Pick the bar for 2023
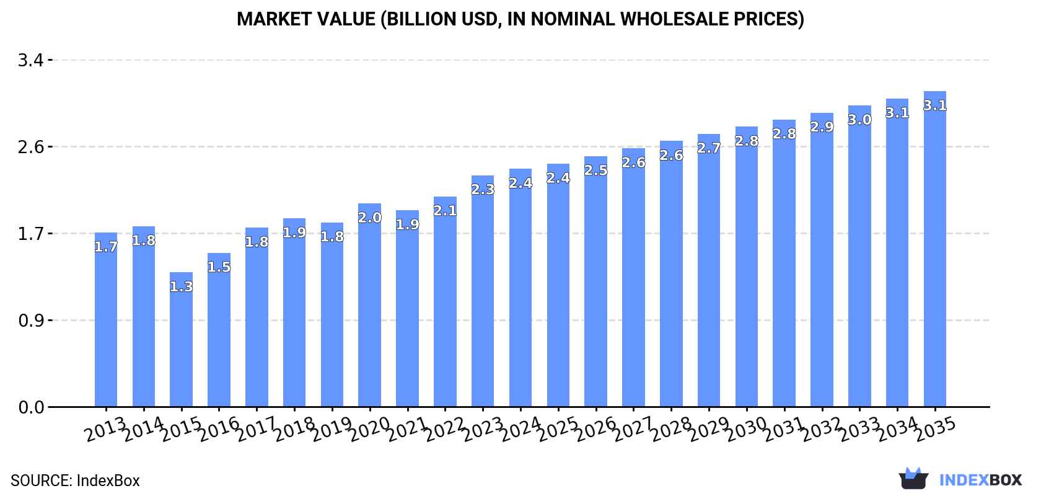(483, 291)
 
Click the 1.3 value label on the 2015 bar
(181, 287)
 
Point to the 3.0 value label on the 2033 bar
(859, 120)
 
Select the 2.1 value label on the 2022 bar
(445, 211)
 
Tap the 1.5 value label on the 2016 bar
(219, 267)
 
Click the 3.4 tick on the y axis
(31, 60)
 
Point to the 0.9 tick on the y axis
(31, 321)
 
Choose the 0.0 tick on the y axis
(31, 407)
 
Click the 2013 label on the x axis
(105, 430)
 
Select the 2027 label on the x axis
(633, 430)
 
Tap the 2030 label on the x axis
(746, 430)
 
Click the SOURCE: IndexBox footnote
(75, 480)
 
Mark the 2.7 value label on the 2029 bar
(709, 148)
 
